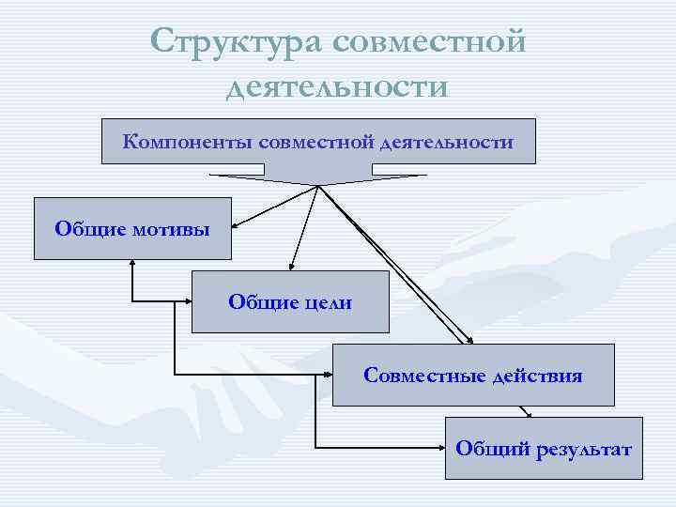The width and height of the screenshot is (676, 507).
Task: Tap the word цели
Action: pos(328,301)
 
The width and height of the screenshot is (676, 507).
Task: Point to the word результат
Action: pos(584,448)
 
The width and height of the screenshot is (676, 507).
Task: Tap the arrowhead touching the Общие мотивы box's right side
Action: pos(238,225)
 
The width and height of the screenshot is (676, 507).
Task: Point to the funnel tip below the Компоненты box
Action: pos(319,184)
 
